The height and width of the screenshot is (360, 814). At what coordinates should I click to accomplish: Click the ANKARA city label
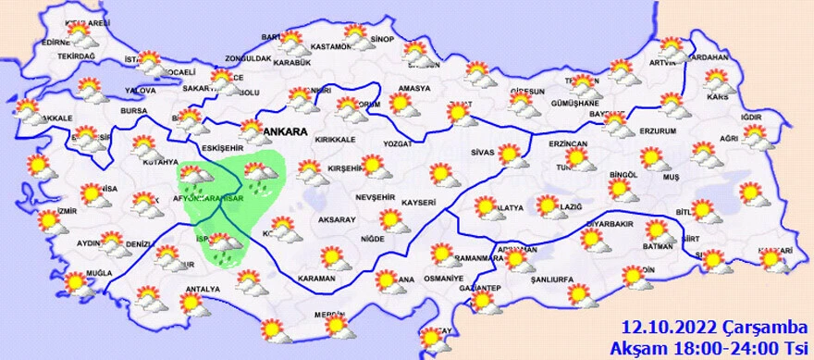pos(288,133)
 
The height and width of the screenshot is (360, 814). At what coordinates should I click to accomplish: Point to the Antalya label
pos(203,290)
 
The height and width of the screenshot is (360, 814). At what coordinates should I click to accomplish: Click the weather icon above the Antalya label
pos(195,304)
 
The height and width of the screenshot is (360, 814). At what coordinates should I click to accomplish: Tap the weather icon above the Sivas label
pos(510,154)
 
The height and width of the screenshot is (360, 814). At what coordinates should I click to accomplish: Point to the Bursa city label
pos(135,110)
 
